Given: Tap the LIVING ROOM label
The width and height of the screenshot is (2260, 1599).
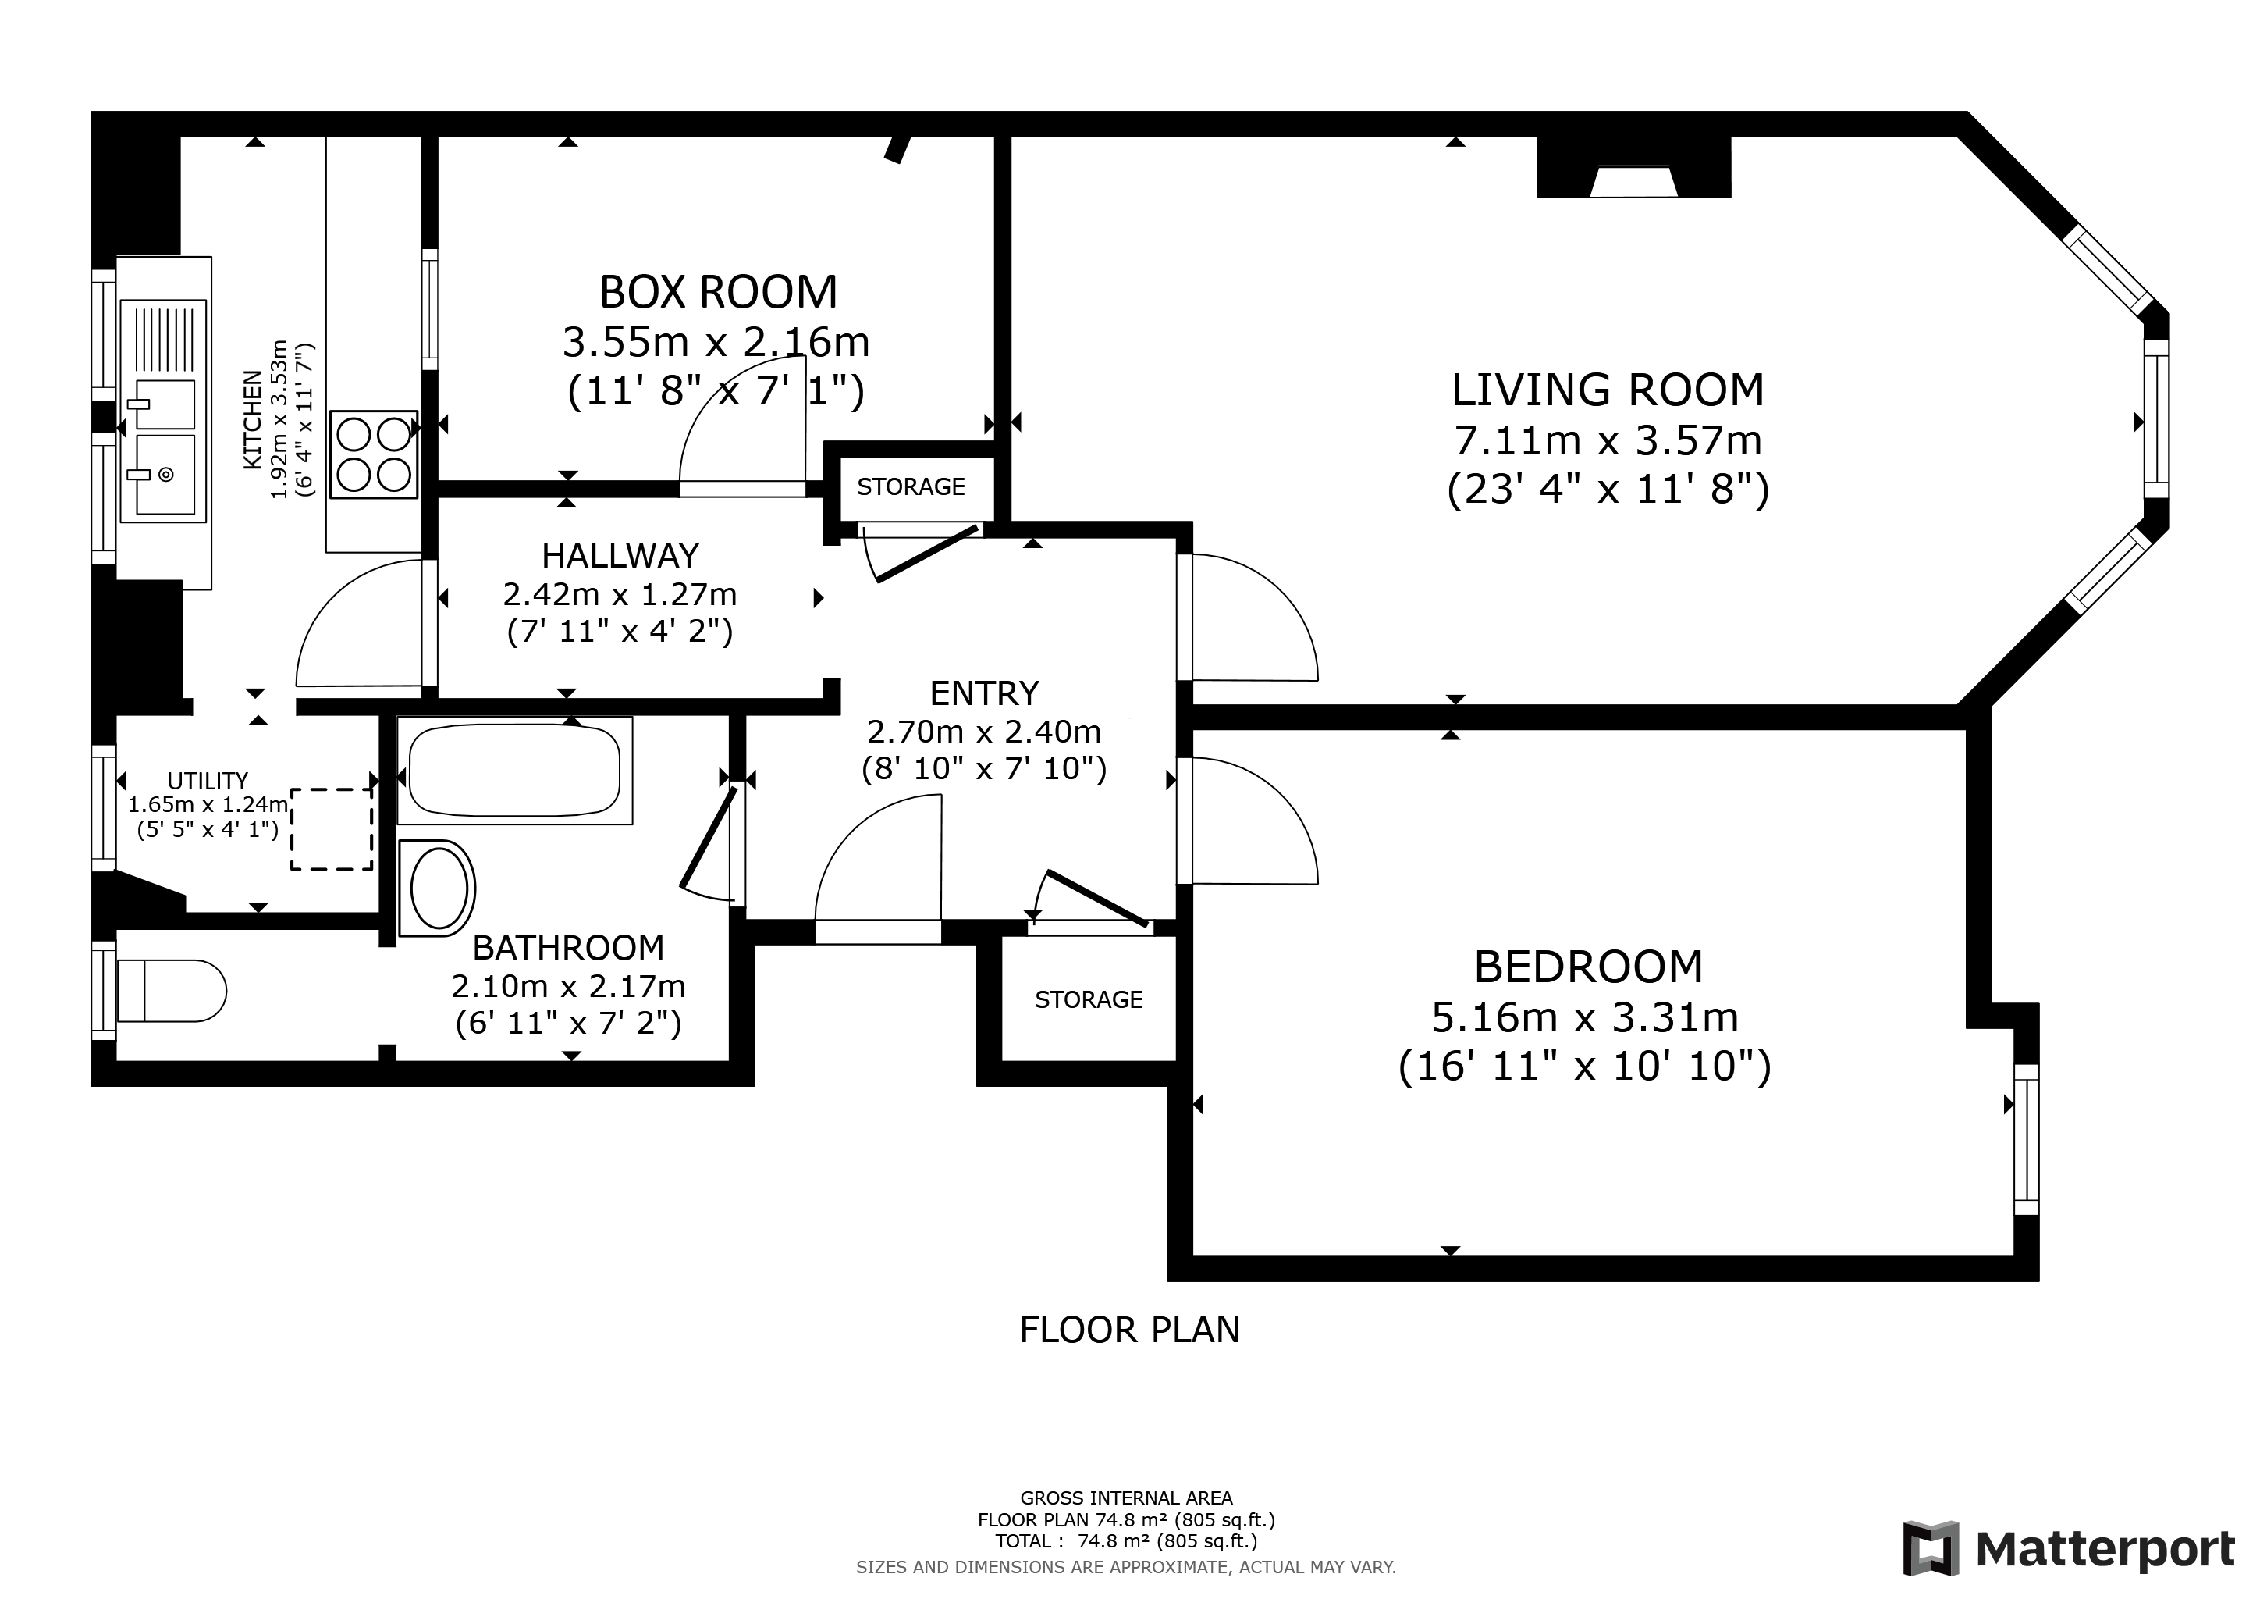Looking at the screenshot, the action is click(x=1608, y=390).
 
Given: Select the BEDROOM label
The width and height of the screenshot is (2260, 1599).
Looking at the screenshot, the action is click(x=1588, y=967).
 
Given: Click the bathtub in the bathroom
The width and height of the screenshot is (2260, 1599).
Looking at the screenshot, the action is click(x=515, y=770).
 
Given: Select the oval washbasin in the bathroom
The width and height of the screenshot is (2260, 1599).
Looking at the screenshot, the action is click(x=437, y=888).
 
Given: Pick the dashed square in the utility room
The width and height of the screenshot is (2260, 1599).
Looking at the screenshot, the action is click(x=332, y=829).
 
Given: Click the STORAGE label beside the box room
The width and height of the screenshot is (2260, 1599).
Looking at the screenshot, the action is click(x=911, y=486).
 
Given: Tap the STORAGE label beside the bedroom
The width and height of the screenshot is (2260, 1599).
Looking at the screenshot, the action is click(x=1089, y=999).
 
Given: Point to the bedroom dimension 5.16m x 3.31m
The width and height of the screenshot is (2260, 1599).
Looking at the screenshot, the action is click(x=1585, y=1017).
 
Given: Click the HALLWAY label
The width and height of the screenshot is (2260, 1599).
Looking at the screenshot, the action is click(x=620, y=557).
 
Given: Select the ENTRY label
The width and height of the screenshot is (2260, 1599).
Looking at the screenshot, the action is click(x=984, y=693).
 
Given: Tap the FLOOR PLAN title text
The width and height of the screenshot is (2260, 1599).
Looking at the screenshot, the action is click(x=1129, y=1330).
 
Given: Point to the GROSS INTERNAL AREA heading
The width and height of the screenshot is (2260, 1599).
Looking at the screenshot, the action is click(x=1126, y=1498).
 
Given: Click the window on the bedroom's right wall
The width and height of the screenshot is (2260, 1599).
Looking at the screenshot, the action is click(x=2026, y=1140).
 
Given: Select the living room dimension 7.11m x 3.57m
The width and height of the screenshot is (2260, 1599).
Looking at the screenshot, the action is click(x=1608, y=440).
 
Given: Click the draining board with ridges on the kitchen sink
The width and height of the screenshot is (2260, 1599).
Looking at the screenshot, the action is click(x=163, y=340).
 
